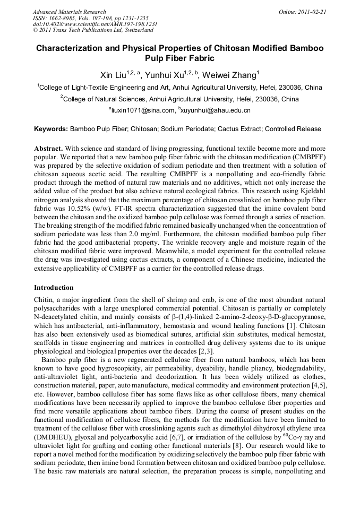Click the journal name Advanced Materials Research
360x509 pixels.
69,12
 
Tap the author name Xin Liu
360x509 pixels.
117,75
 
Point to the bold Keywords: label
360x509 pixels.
51,129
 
